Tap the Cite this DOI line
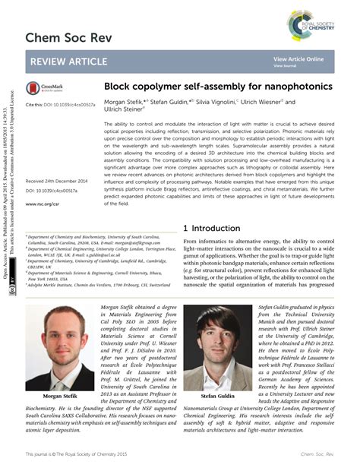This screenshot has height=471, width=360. [60, 104]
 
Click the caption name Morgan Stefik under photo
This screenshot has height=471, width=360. [61, 397]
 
